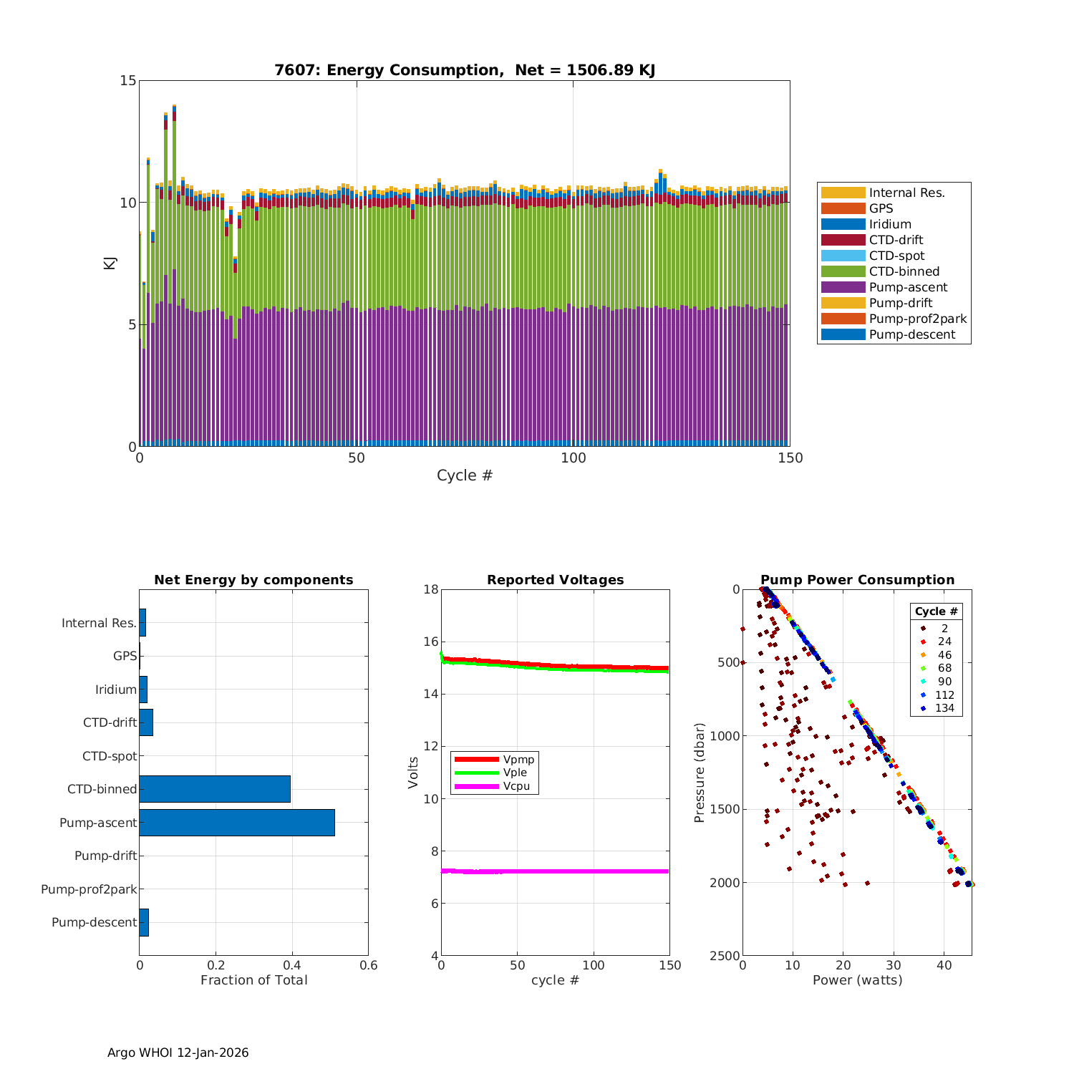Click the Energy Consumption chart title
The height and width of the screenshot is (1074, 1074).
pos(465,70)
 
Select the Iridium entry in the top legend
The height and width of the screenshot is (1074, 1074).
pos(890,224)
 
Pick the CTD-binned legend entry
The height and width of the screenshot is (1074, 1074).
pos(904,271)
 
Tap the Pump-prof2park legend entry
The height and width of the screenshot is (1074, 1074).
pos(917,319)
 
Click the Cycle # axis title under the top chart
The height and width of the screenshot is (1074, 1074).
pos(465,475)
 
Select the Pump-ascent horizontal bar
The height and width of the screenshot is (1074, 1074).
pos(237,823)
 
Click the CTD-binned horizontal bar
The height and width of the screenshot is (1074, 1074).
pos(215,789)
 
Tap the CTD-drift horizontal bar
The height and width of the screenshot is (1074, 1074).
pos(146,722)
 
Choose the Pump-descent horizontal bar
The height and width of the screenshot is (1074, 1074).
pos(144,922)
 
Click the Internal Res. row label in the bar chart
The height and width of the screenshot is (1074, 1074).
pos(99,623)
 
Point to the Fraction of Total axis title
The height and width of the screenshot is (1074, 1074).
pos(253,980)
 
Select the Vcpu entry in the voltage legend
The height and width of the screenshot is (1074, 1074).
pos(516,786)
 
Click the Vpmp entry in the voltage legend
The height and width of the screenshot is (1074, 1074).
pos(518,759)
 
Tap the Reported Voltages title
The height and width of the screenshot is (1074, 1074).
pos(555,580)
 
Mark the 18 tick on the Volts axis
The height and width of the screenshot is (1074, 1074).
pos(430,589)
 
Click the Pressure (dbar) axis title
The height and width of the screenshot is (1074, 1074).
pos(700,772)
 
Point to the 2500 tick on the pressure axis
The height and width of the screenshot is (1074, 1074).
pos(725,956)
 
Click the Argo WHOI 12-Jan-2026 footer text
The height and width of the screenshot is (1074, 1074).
pos(178,1053)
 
